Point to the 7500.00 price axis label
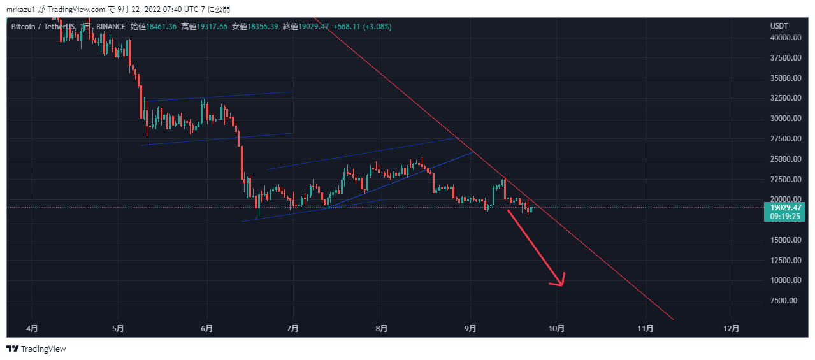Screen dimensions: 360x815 tap(784, 301)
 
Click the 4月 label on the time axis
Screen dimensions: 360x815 tap(32, 329)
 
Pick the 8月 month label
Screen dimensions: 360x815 tap(381, 329)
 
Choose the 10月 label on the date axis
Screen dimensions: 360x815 tap(557, 329)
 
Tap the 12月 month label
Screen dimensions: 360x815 tap(732, 329)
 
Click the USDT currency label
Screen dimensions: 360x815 tap(779, 26)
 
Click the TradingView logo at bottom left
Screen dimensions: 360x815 tap(36, 349)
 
